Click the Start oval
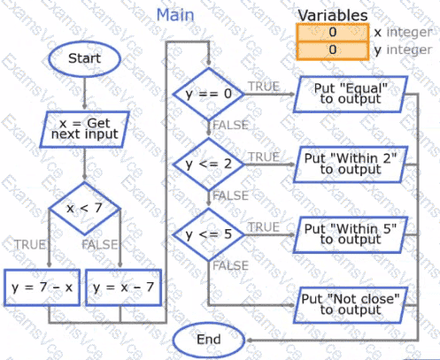point(85,58)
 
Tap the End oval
point(209,340)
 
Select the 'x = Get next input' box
point(85,129)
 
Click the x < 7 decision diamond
point(85,209)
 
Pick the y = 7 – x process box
point(42,287)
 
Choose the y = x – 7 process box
point(123,287)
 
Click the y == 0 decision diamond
point(209,94)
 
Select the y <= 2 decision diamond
point(209,165)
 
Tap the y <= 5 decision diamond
point(209,234)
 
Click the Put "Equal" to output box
point(351,94)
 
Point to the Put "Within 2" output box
point(351,165)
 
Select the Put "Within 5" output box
point(351,234)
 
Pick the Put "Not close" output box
point(351,305)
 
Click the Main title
point(175,15)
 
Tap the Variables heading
point(333,15)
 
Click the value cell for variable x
point(333,32)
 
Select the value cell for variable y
point(333,50)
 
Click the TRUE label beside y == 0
point(264,87)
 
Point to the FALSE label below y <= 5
point(231,266)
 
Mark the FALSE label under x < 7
point(100,245)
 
